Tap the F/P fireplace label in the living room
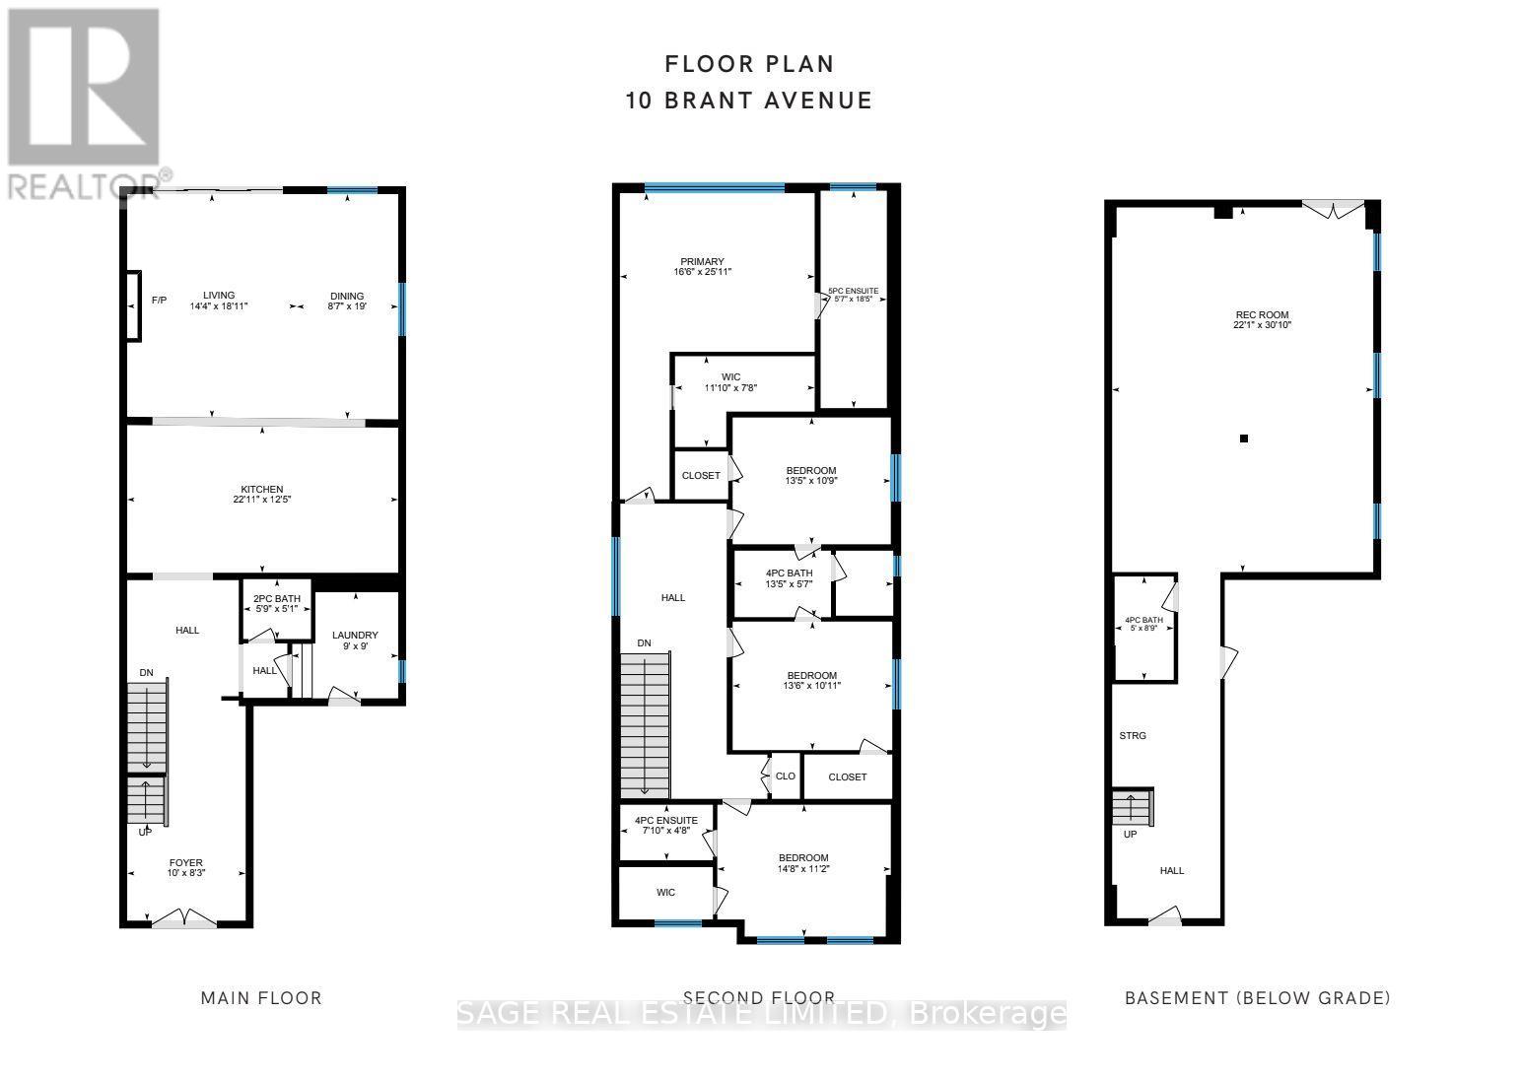[x=158, y=300]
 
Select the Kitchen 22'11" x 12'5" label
[x=262, y=495]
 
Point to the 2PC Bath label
[x=276, y=603]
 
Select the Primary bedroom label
[x=702, y=266]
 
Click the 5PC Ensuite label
[x=853, y=296]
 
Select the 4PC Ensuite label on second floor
[x=666, y=825]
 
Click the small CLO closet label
[x=785, y=776]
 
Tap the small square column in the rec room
[x=1244, y=439]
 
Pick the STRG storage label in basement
[x=1133, y=736]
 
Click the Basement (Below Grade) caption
[x=1258, y=998]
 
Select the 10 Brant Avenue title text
[x=749, y=101]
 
